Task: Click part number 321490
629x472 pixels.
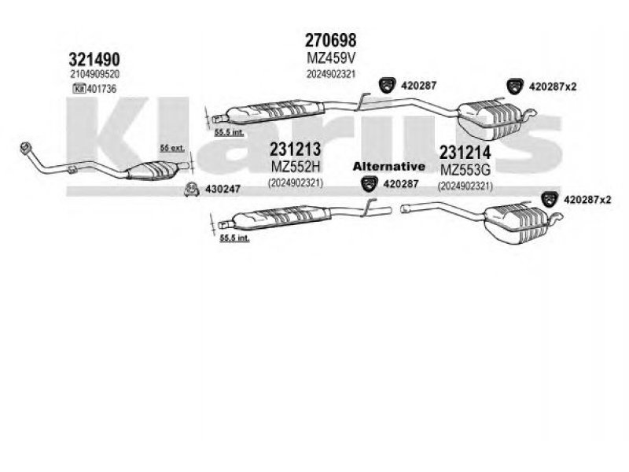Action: pyautogui.click(x=94, y=60)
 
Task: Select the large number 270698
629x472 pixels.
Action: pyautogui.click(x=330, y=39)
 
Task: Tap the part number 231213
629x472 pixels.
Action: pyautogui.click(x=296, y=149)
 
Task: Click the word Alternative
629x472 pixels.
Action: pyautogui.click(x=388, y=167)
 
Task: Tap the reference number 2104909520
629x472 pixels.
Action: pyautogui.click(x=94, y=74)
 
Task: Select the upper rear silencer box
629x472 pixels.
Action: pyautogui.click(x=492, y=115)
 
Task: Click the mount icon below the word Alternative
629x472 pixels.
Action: pyautogui.click(x=368, y=184)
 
